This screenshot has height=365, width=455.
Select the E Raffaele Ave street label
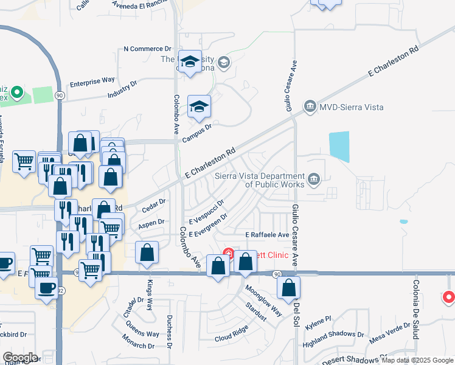pyautogui.click(x=267, y=234)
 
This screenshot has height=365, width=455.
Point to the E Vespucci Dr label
pyautogui.click(x=206, y=210)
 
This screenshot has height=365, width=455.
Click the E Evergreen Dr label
pyautogui.click(x=208, y=226)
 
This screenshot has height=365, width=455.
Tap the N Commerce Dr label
pyautogui.click(x=148, y=49)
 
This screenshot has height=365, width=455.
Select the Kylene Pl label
pyautogui.click(x=318, y=320)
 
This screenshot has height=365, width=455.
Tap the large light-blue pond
pyautogui.click(x=339, y=146)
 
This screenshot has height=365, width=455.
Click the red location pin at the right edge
pyautogui.click(x=449, y=297)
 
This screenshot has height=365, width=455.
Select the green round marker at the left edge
pyautogui.click(x=17, y=93)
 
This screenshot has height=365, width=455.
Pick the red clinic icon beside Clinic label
pyautogui.click(x=228, y=253)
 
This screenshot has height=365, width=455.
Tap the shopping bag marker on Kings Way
pyautogui.click(x=147, y=252)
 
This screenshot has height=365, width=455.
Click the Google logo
pyautogui.click(x=20, y=358)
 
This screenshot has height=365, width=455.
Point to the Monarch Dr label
pyautogui.click(x=138, y=346)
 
